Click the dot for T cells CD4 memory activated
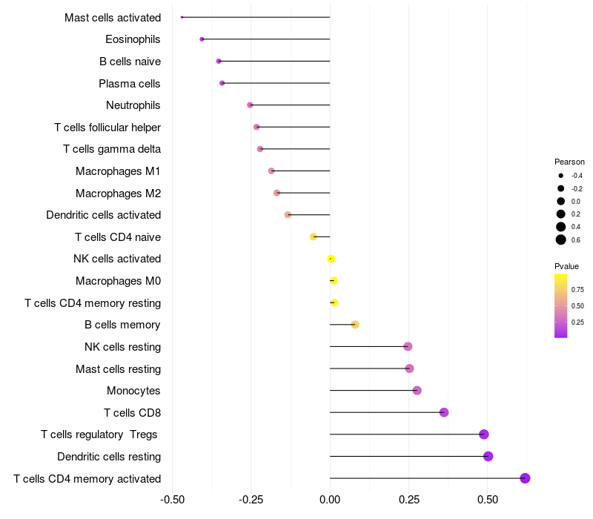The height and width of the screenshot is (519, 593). pos(525,478)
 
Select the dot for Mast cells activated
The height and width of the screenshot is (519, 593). pos(182,17)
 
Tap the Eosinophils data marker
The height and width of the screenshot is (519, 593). pos(202,39)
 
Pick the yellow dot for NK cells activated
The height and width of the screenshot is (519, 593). pos(331,259)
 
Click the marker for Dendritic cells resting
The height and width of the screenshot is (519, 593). pos(488,456)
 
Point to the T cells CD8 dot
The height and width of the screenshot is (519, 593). pos(444,412)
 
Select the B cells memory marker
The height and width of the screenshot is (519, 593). pos(355,325)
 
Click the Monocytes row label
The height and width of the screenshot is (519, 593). pos(133,391)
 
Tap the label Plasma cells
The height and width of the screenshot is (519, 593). pos(130,83)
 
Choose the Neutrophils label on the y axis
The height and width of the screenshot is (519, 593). pos(133,105)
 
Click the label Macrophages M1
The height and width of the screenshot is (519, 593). pos(118,171)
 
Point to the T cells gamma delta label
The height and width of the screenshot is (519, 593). pos(112,149)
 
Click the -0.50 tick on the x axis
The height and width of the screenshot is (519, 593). pos(172,500)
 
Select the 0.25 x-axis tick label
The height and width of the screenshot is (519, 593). pos(408,500)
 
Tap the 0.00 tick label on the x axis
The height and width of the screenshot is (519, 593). pos(330,500)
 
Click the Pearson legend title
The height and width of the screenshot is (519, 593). pos(569,162)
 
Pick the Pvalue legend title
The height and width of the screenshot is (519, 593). pos(566,266)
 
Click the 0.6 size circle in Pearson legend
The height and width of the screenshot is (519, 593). pos(561,239)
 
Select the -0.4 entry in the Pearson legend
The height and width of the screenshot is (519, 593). pos(561,176)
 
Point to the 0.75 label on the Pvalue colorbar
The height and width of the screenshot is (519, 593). pos(577,289)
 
